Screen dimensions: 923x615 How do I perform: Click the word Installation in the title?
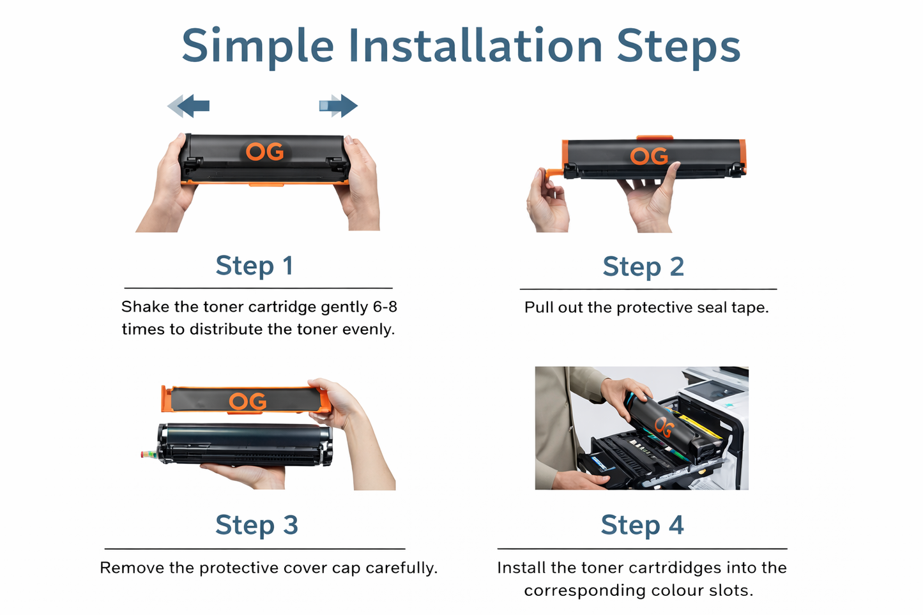pyautogui.click(x=475, y=45)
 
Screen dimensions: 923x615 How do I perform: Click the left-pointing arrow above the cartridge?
pyautogui.click(x=188, y=106)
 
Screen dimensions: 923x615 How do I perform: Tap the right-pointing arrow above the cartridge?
pyautogui.click(x=339, y=106)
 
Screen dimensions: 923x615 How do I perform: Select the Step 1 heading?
pyautogui.click(x=254, y=266)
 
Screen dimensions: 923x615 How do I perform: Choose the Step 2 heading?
pyautogui.click(x=643, y=266)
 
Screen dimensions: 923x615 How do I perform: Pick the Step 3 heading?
pyautogui.click(x=256, y=525)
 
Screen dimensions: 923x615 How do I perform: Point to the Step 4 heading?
pyautogui.click(x=642, y=525)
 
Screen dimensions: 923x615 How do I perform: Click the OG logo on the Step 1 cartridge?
pyautogui.click(x=265, y=152)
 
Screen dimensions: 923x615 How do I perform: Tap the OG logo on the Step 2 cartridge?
pyautogui.click(x=649, y=156)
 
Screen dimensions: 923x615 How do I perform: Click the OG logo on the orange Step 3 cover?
pyautogui.click(x=248, y=401)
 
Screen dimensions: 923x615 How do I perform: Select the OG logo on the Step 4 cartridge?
pyautogui.click(x=664, y=427)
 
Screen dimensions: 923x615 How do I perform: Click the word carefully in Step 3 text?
pyautogui.click(x=401, y=568)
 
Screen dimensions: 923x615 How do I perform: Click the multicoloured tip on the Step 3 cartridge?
pyautogui.click(x=149, y=454)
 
